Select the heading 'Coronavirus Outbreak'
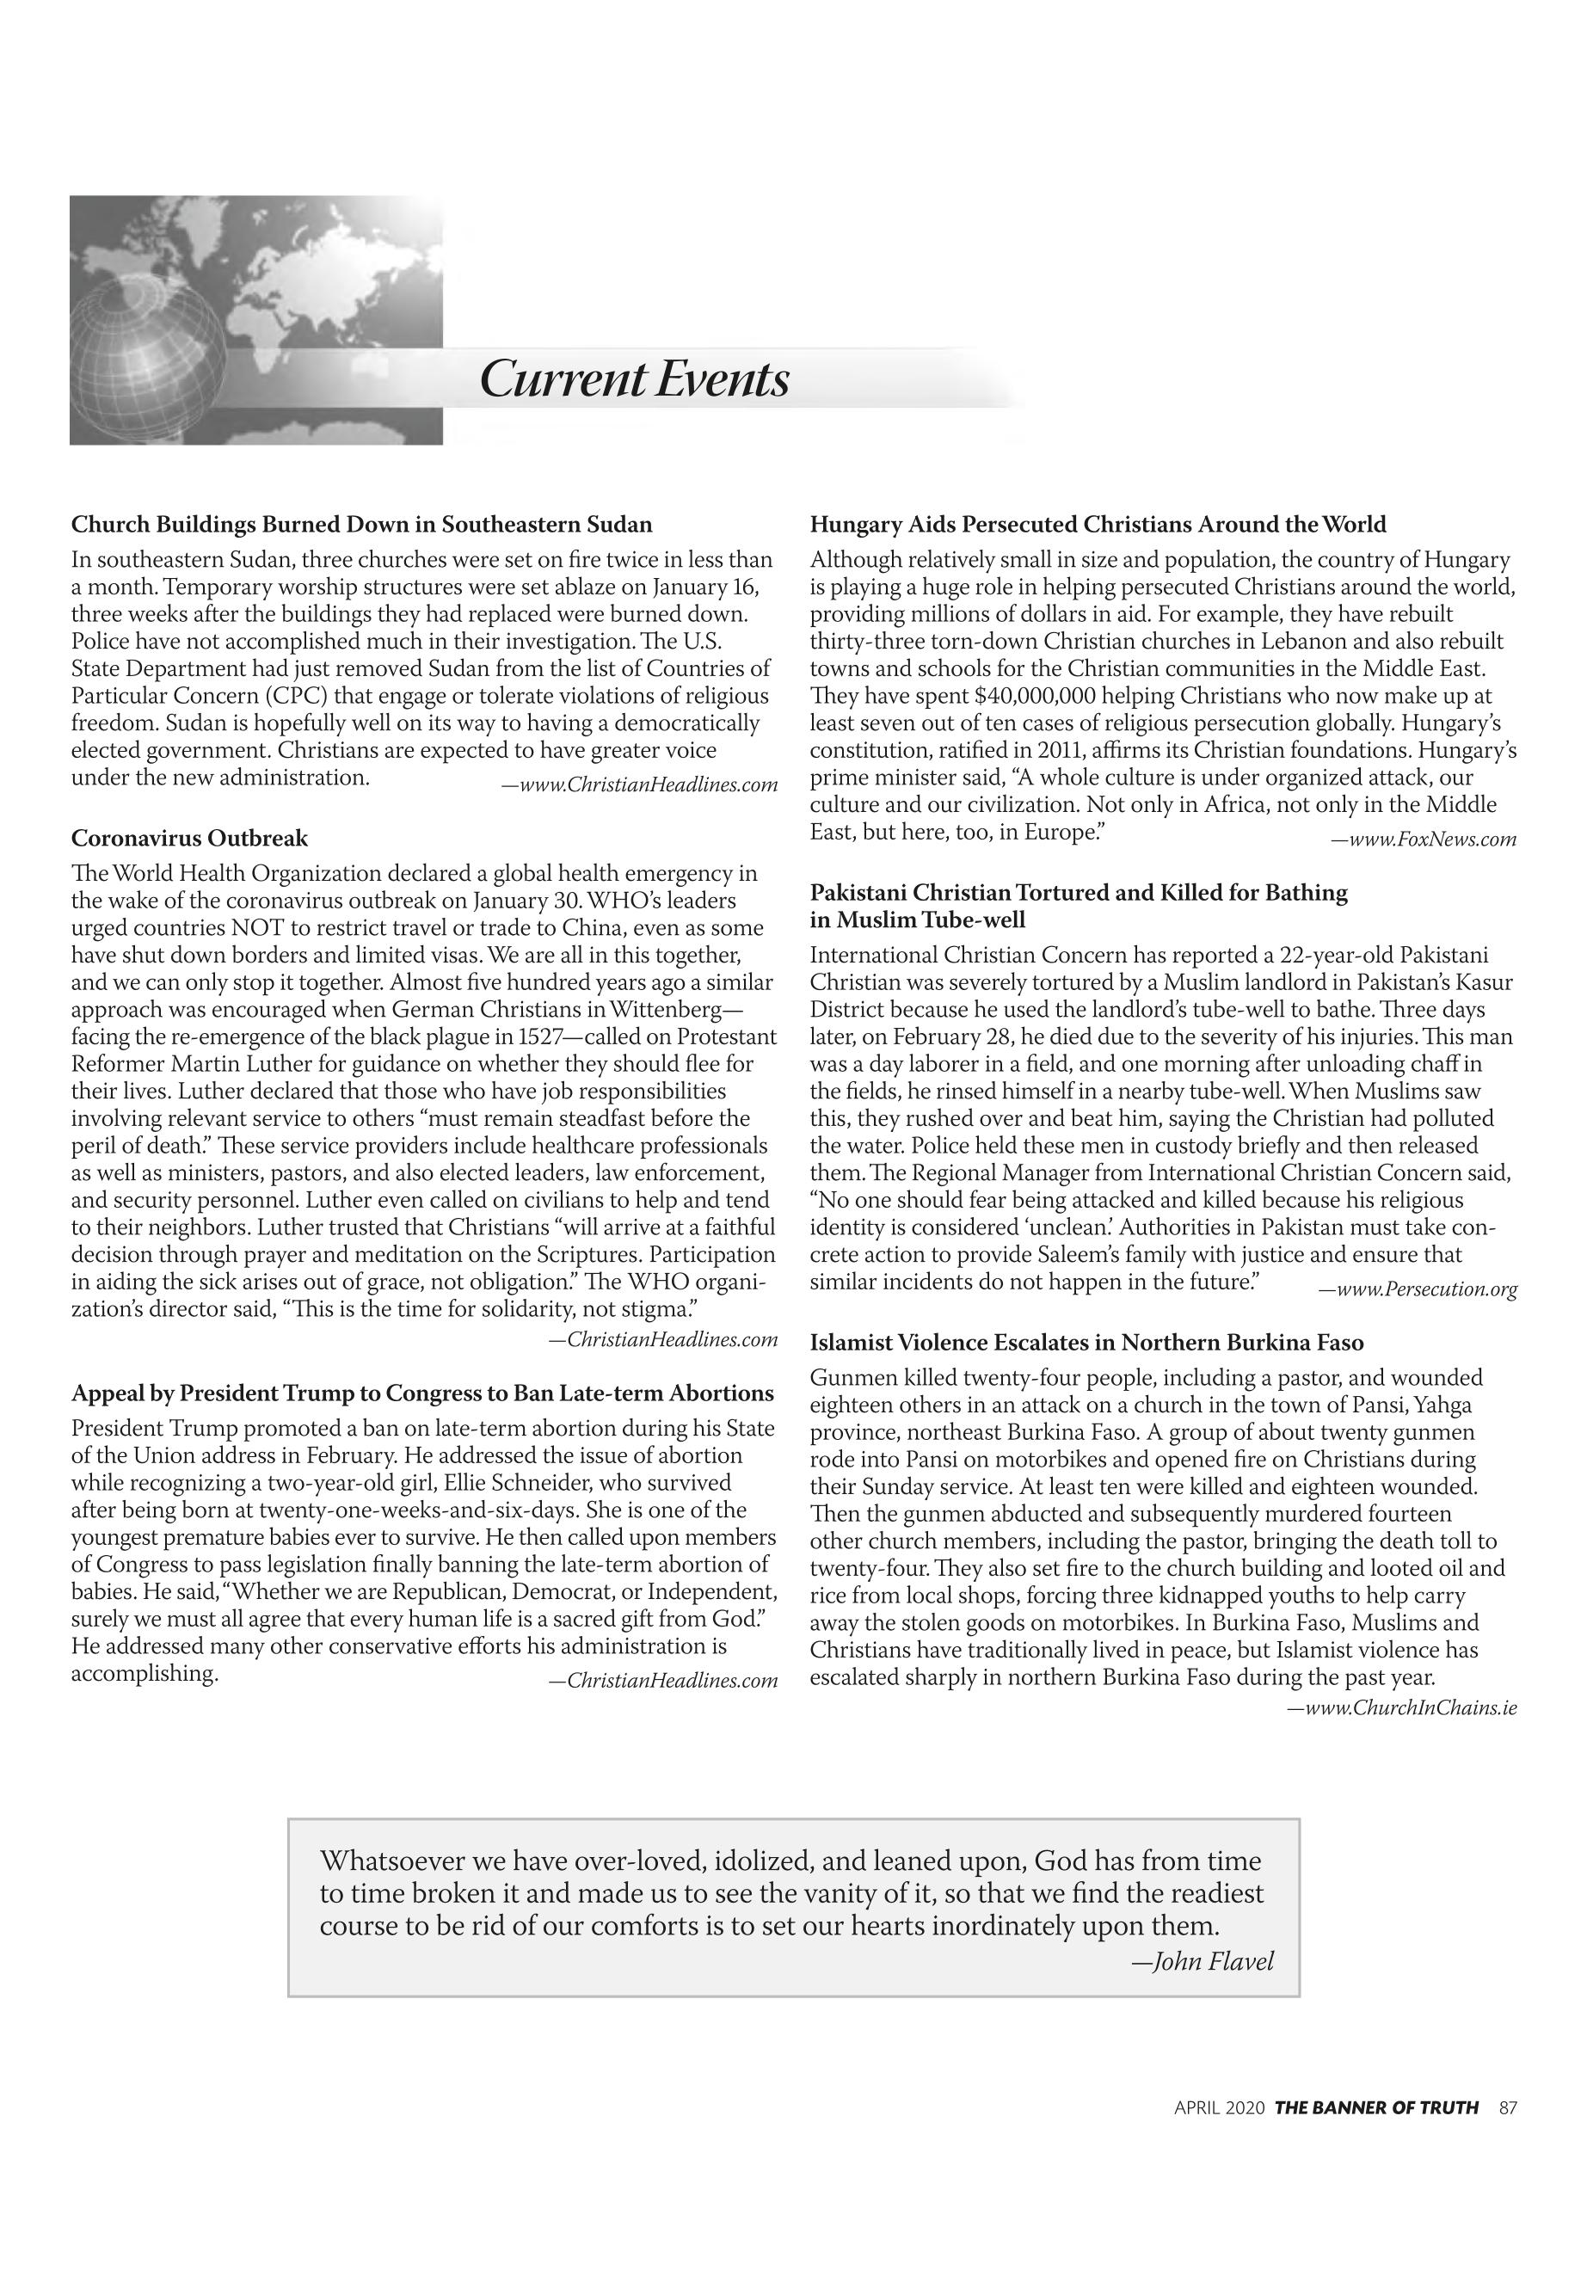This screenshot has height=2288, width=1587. click(x=189, y=839)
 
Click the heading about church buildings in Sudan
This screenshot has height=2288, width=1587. click(x=361, y=524)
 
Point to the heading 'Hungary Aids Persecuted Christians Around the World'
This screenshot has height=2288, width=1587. click(x=1098, y=524)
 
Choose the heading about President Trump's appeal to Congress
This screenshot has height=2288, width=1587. click(x=422, y=1393)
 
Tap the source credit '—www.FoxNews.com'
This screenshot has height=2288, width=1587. click(x=1424, y=840)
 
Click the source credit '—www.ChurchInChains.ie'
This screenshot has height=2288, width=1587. click(x=1402, y=1708)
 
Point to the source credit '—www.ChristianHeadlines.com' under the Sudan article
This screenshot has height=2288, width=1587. click(x=639, y=785)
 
